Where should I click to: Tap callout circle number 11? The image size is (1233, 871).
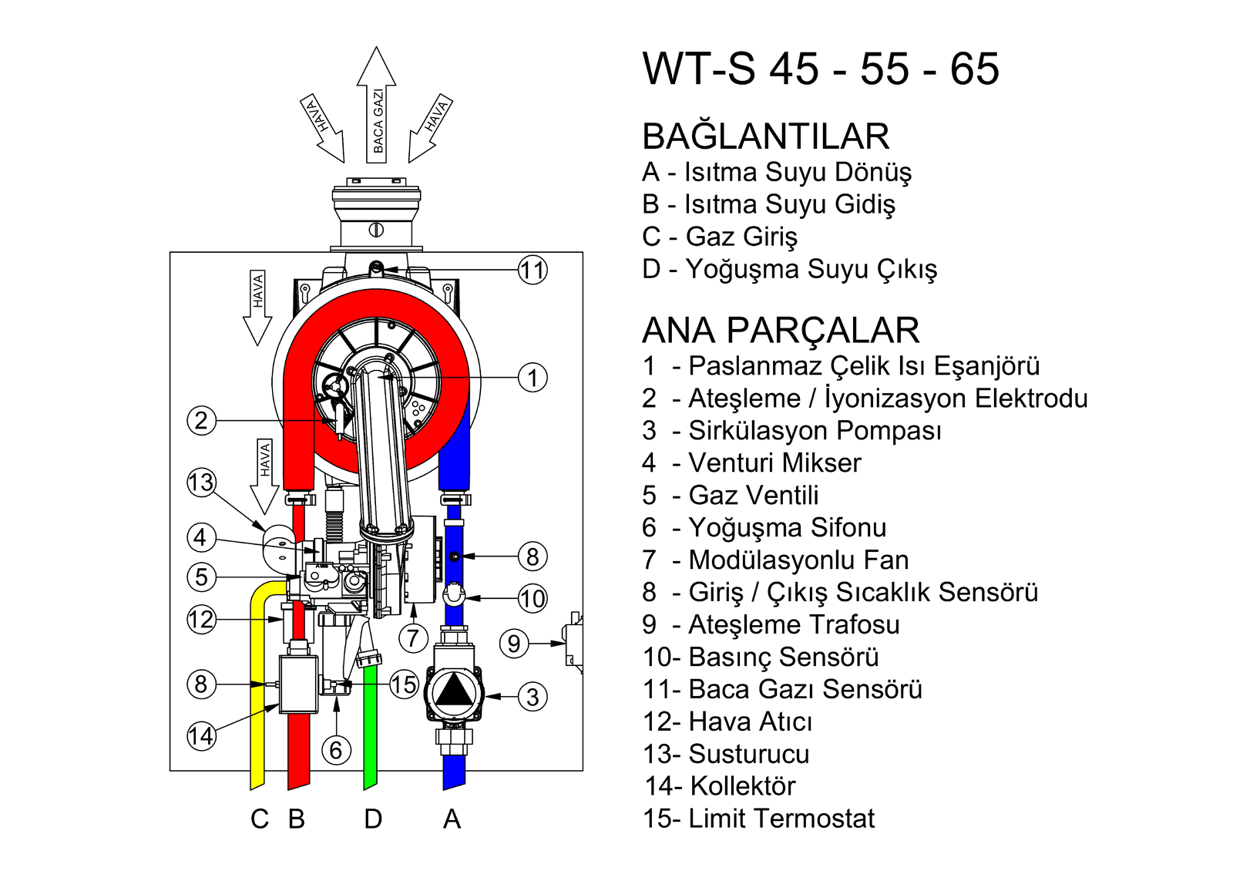coord(533,270)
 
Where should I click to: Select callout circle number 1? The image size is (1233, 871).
coord(533,378)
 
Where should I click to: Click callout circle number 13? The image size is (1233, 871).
coord(201,483)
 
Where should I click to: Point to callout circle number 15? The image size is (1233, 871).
coord(404,684)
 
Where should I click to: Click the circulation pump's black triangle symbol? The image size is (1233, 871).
coord(455,691)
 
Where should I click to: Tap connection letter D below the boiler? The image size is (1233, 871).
coord(373,819)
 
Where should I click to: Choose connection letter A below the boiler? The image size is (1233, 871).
coord(452,819)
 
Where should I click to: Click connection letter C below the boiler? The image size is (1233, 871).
coord(260,819)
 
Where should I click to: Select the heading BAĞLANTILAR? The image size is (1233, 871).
coord(765,136)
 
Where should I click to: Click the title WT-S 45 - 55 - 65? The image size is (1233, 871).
coord(821,69)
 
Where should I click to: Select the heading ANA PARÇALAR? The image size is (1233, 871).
coord(781,330)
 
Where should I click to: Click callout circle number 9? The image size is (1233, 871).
coord(514,643)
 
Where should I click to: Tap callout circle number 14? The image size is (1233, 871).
coord(201,735)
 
